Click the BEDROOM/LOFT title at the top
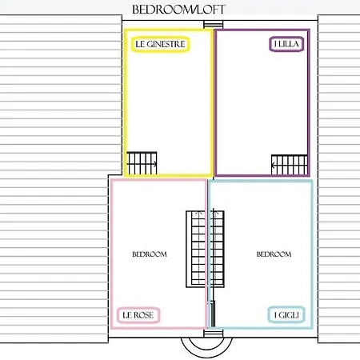point(178,10)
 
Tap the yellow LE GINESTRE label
point(161,44)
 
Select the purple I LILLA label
point(286,44)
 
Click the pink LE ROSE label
point(138,315)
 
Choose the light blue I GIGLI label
point(286,315)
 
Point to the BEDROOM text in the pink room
point(150,254)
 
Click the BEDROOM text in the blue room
point(274,254)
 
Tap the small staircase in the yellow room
point(142,163)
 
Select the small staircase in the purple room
point(290,165)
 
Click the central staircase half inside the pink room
point(196,249)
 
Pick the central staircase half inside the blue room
point(216,249)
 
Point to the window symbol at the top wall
point(213,25)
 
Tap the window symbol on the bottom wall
point(213,334)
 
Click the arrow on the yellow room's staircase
point(142,164)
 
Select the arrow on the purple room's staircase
point(289,166)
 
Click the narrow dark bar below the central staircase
point(213,314)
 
